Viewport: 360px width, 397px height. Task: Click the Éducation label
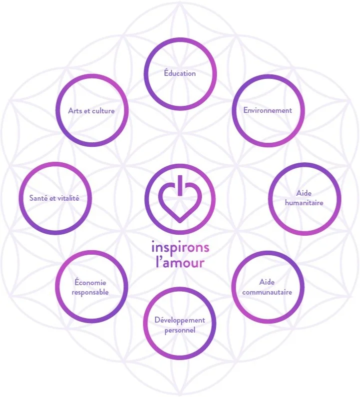[180, 73]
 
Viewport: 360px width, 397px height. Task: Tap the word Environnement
[268, 110]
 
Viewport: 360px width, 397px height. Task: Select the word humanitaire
[304, 203]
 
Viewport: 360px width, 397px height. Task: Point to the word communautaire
[267, 292]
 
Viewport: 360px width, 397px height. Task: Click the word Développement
[180, 321]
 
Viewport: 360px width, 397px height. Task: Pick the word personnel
[180, 331]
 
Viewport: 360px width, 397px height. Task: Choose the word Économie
[90, 282]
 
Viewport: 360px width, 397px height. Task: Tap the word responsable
[90, 292]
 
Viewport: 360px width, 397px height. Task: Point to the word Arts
[74, 111]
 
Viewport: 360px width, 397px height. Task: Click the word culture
[103, 111]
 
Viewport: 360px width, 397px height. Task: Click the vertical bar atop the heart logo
[180, 185]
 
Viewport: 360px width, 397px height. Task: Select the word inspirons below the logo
[180, 247]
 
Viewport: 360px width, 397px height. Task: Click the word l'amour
[180, 263]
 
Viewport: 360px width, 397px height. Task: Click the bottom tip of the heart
[180, 223]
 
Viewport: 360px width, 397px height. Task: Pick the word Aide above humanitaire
[304, 193]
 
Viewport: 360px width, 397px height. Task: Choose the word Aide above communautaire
[267, 282]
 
